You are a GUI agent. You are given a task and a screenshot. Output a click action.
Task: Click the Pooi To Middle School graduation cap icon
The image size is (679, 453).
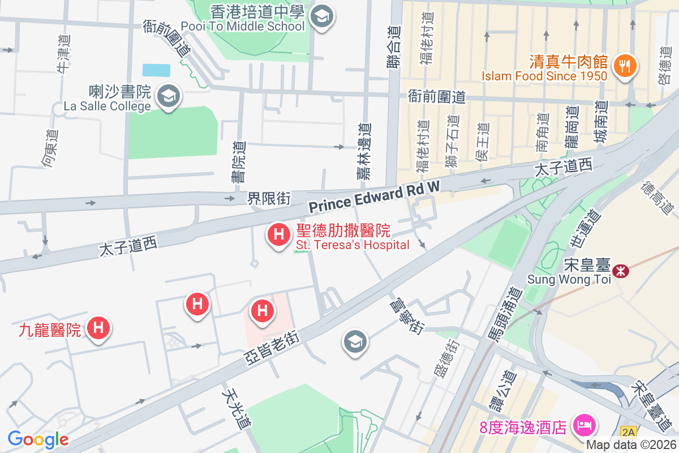[323, 15]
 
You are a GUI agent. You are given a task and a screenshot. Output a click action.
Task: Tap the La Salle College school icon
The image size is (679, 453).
[168, 96]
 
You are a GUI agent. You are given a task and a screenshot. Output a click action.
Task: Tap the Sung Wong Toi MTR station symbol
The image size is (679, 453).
[621, 271]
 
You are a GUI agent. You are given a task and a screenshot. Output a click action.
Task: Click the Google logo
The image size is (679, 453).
[38, 439]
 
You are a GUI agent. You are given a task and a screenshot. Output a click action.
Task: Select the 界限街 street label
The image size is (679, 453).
[269, 199]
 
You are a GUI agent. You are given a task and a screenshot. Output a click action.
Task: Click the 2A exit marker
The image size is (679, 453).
[628, 432]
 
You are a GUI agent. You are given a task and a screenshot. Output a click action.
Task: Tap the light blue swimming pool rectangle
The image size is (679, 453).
[156, 70]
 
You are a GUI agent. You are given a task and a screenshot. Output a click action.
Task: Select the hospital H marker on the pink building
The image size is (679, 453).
[262, 311]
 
